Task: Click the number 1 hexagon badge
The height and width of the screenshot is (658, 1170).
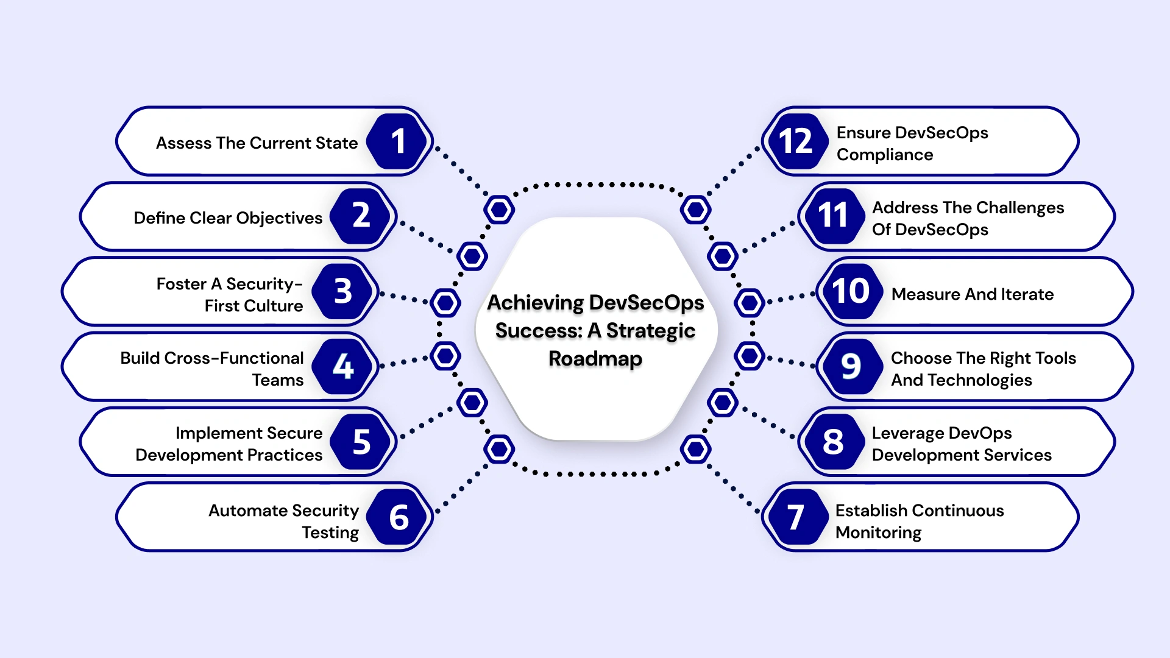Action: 398,141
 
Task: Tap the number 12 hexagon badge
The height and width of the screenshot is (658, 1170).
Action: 795,141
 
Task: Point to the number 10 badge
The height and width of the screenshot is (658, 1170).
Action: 850,291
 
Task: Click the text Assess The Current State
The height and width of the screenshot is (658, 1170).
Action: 257,143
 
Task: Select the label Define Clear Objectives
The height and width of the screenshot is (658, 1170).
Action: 228,218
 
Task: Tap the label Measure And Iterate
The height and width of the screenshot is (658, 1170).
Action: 972,294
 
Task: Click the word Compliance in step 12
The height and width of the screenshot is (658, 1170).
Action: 884,155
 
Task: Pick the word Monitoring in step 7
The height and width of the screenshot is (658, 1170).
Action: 878,532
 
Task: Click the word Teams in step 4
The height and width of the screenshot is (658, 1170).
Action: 278,380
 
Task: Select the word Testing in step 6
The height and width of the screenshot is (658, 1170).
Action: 330,532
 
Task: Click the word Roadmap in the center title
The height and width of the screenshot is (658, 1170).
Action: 595,359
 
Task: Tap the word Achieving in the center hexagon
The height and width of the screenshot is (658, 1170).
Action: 536,303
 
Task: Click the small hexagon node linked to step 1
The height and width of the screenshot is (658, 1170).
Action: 499,210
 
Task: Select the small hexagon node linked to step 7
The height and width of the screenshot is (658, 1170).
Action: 695,450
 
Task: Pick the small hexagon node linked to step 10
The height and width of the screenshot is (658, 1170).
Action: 749,302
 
